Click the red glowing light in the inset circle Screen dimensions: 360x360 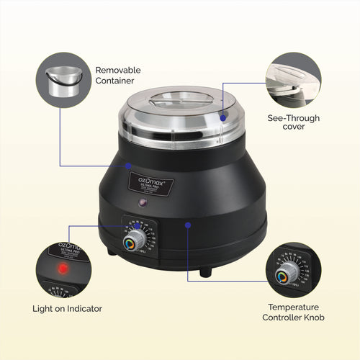point(63,268)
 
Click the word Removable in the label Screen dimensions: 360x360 point(118,71)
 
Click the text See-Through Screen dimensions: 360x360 point(294,118)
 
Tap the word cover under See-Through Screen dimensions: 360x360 point(294,127)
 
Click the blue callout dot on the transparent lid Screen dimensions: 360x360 point(223,117)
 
